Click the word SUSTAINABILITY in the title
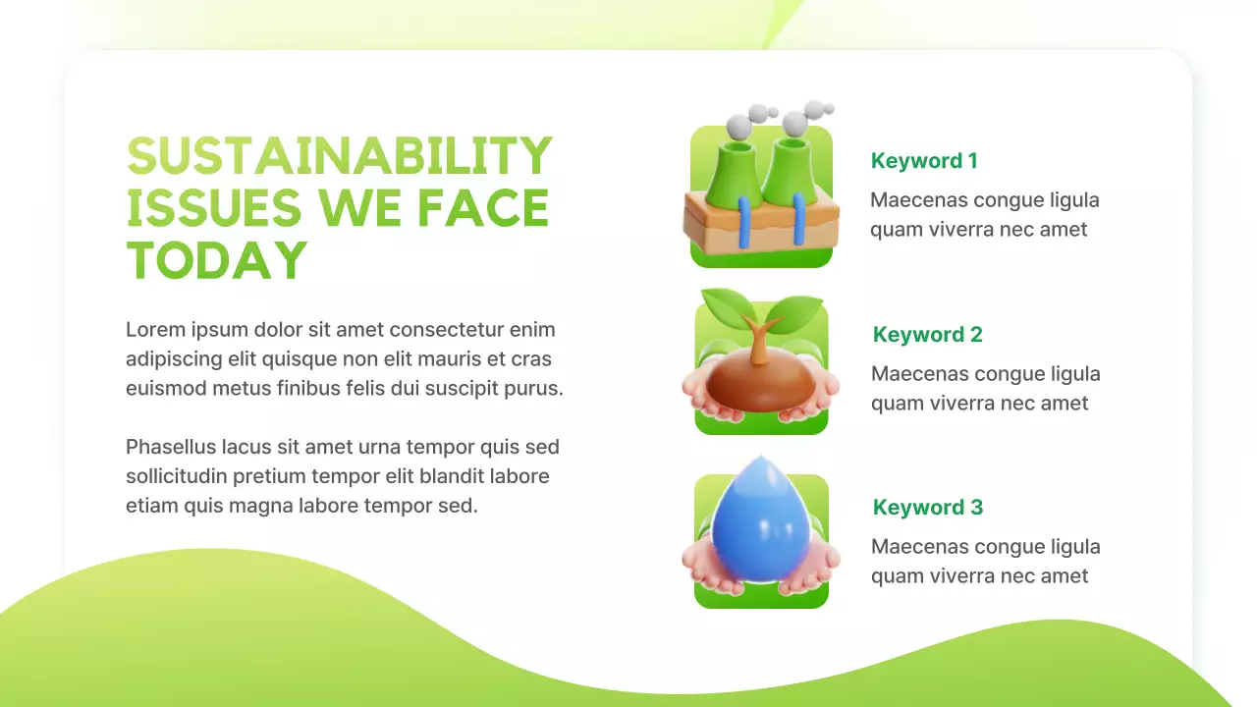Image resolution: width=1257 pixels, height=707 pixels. click(340, 156)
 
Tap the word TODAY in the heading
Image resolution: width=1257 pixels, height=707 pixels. click(217, 259)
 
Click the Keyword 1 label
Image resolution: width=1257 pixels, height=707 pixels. click(924, 161)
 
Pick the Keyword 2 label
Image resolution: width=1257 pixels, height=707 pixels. click(927, 335)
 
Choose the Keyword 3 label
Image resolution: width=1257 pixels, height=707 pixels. click(927, 508)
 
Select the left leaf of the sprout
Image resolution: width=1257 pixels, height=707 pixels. click(726, 303)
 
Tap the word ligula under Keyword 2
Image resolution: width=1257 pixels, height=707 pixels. click(1067, 374)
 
